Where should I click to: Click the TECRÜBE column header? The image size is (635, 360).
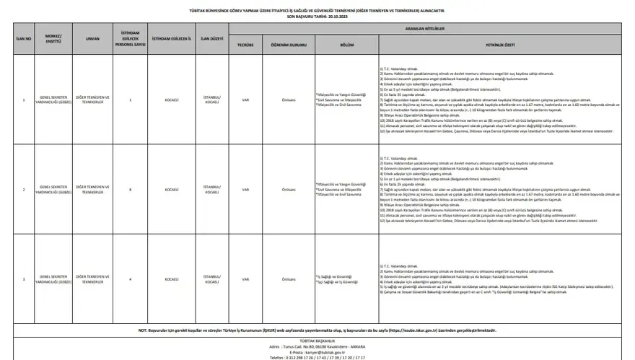click(245, 44)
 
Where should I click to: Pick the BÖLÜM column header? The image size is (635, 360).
click(346, 44)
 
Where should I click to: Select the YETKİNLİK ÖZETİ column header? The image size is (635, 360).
click(499, 44)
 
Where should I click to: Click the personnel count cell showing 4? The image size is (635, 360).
click(130, 278)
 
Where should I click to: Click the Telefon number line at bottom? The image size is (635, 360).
click(317, 357)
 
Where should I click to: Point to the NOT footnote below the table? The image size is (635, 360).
click(317, 330)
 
